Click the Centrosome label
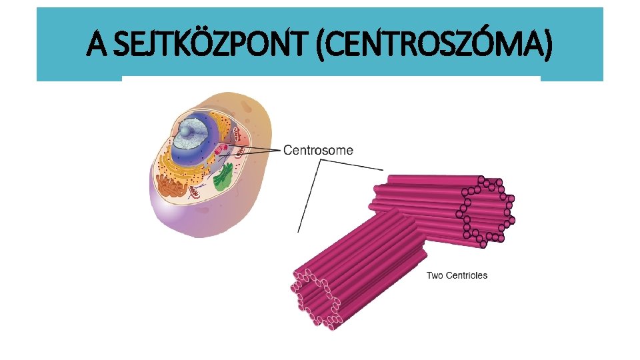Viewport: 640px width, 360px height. point(319,150)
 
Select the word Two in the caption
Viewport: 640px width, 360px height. point(434,275)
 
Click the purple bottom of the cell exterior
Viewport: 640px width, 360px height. point(200,223)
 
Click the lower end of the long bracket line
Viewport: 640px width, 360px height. point(298,231)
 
